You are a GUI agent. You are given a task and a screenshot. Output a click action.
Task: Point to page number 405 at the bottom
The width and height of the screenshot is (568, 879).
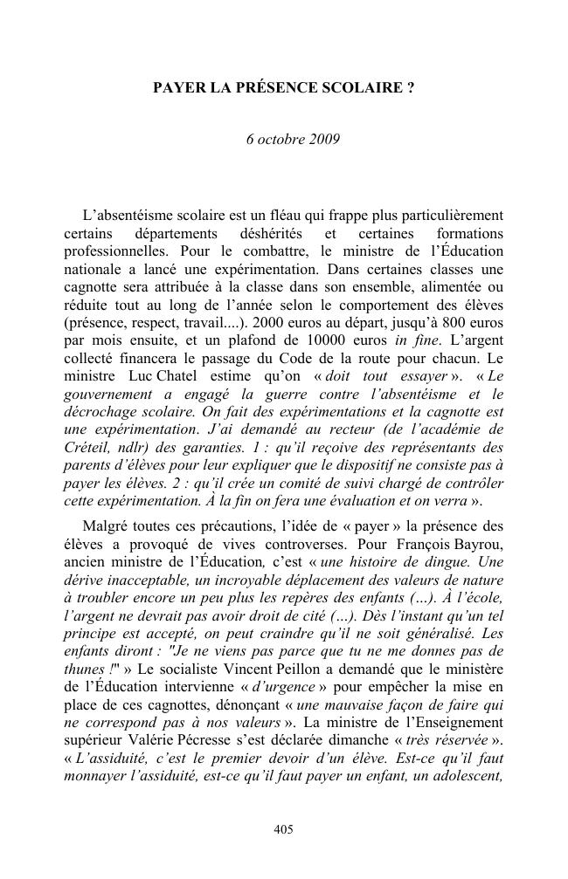point(283,829)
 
